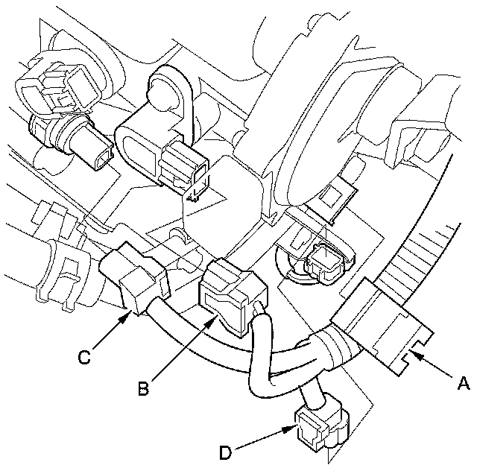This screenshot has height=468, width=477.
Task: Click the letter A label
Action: point(462,384)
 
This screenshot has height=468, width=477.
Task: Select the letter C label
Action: point(85,357)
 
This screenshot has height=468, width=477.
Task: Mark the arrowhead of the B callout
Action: point(218,319)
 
